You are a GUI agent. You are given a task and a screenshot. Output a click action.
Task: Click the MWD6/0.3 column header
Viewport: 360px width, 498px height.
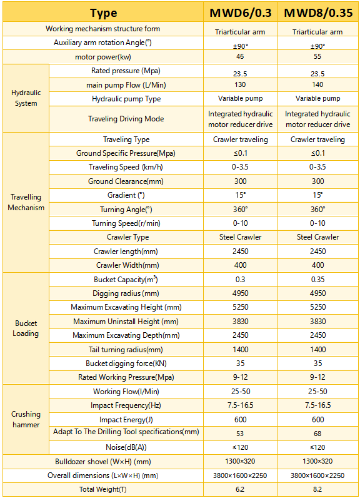pos(241,13)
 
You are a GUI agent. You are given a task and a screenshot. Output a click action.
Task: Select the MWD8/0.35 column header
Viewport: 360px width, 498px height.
pos(317,13)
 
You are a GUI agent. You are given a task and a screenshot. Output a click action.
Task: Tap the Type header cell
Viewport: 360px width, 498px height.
pos(103,13)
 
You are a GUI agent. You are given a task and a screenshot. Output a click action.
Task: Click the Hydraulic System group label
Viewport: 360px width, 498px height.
pos(26,98)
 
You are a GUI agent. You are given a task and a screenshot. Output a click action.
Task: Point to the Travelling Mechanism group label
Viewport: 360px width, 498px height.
pos(26,202)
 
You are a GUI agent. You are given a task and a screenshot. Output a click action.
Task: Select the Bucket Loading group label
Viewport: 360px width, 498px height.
pos(26,328)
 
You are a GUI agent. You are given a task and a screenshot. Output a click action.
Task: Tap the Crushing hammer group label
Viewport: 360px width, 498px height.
pos(26,419)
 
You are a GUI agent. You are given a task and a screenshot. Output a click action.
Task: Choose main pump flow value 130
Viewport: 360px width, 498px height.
pos(241,85)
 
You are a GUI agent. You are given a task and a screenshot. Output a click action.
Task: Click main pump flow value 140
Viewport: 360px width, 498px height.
pos(317,85)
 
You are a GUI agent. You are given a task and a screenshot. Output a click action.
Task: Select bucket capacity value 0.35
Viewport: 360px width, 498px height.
pos(317,280)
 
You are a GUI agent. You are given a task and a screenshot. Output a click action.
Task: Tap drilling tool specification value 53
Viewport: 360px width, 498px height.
pos(241,433)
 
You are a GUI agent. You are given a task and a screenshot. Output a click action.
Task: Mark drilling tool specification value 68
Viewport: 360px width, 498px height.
pos(317,433)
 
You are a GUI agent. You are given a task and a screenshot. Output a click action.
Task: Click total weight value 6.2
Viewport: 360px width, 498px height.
pos(241,489)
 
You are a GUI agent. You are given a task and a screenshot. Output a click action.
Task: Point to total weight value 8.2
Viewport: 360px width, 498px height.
pos(317,489)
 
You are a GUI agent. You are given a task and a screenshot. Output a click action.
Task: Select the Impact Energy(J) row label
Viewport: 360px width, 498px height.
pos(126,419)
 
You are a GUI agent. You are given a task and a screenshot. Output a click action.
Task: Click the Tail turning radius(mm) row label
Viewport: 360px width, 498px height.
pos(126,350)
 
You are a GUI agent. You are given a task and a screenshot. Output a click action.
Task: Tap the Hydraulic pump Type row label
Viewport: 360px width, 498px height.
pos(126,99)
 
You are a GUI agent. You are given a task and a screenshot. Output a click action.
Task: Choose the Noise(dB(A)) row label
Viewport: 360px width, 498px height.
pos(126,447)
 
